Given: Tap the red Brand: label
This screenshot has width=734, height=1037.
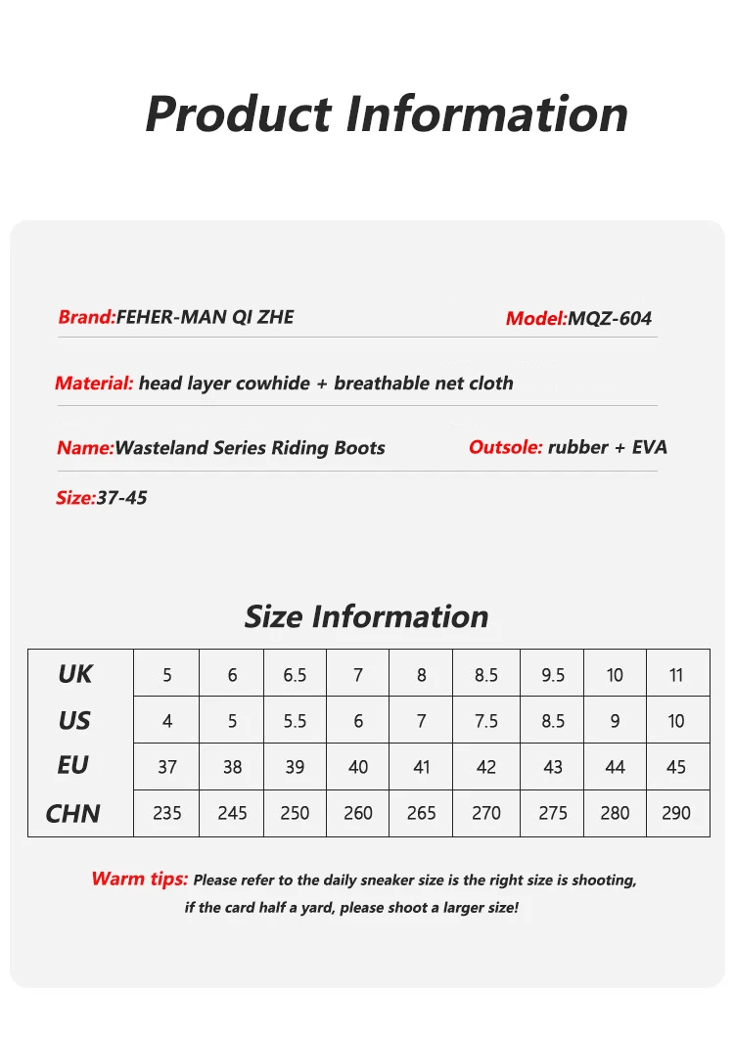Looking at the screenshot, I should pyautogui.click(x=87, y=317).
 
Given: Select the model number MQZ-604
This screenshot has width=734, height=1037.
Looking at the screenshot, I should pyautogui.click(x=610, y=318).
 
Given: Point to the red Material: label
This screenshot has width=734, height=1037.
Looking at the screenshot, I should pyautogui.click(x=94, y=383).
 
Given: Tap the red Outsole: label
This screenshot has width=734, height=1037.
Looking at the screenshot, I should pyautogui.click(x=505, y=447).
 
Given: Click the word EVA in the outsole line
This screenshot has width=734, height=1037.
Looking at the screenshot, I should pyautogui.click(x=650, y=447).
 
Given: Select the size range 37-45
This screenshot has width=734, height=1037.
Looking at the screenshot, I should pyautogui.click(x=122, y=498).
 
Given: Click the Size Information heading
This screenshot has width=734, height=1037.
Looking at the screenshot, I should pyautogui.click(x=366, y=616).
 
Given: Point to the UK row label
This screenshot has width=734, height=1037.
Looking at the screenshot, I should pyautogui.click(x=75, y=674).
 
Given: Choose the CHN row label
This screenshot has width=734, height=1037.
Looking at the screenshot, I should pyautogui.click(x=73, y=813).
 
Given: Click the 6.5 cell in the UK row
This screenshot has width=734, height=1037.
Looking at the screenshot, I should pyautogui.click(x=295, y=675).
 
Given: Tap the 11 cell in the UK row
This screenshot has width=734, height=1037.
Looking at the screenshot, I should pyautogui.click(x=676, y=675).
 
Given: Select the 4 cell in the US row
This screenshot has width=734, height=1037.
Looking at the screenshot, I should pyautogui.click(x=167, y=721).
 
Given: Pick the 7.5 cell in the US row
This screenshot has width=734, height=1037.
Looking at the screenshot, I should pyautogui.click(x=486, y=721).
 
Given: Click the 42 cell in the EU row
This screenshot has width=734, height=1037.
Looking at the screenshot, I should pyautogui.click(x=486, y=767).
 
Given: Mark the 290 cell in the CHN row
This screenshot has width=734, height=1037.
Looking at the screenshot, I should pyautogui.click(x=676, y=813).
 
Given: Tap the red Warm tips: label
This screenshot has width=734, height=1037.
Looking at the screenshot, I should pyautogui.click(x=139, y=879).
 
